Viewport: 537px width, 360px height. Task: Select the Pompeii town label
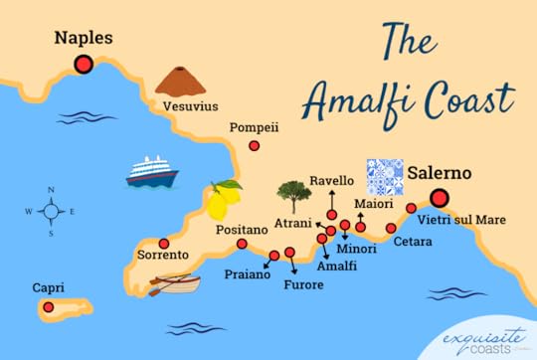pos(254,127)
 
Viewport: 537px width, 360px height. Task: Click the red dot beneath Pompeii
pos(255,145)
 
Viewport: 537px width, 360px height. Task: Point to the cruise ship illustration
pos(151,172)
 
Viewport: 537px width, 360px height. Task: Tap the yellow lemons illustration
pos(224,199)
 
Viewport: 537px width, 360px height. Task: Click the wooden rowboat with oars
pos(176,284)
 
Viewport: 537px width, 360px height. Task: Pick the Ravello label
pos(331,181)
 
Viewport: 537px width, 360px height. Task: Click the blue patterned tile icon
pos(384,175)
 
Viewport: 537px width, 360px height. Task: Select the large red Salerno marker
pos(439,197)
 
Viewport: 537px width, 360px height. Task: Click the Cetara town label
pos(413,241)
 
